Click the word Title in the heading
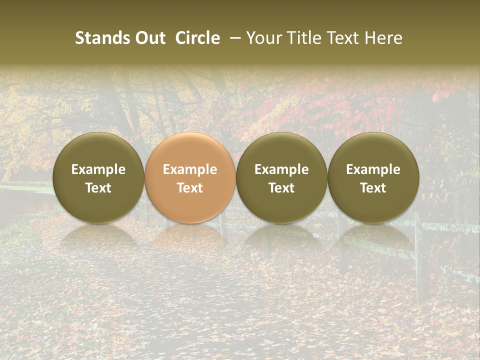(x=300, y=38)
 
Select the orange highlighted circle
(x=190, y=177)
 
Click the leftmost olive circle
(x=98, y=177)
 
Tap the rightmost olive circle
(x=373, y=177)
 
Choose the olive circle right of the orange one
(x=281, y=177)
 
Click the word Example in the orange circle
(x=190, y=169)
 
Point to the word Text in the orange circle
(x=190, y=188)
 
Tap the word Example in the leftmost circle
(x=98, y=169)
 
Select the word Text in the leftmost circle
(x=98, y=188)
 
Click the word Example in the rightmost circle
(x=373, y=169)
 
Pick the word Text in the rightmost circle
(x=373, y=188)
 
